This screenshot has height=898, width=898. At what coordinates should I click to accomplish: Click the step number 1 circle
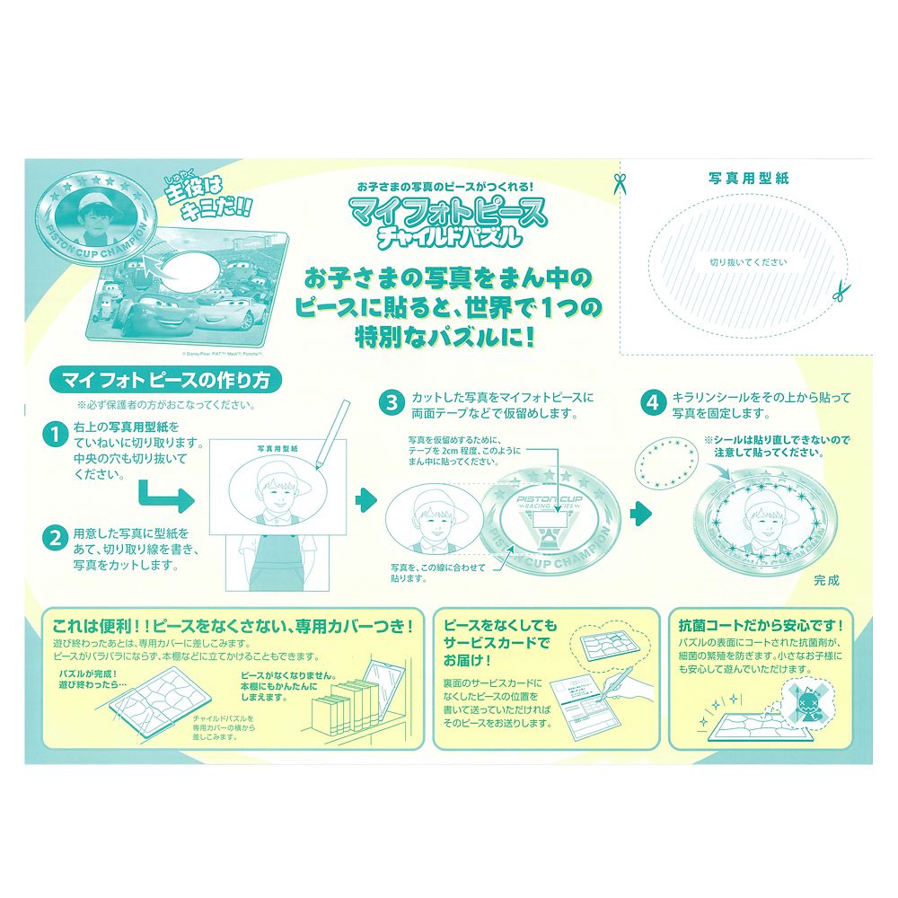57,436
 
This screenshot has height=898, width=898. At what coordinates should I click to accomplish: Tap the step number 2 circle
57,538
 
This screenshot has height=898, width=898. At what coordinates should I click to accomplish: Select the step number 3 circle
392,403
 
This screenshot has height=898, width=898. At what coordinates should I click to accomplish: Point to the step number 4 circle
652,403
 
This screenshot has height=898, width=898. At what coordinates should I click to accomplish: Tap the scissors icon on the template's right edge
839,292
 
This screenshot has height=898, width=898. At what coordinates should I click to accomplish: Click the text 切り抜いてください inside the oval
748,262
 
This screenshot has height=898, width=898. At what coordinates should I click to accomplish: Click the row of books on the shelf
344,709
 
